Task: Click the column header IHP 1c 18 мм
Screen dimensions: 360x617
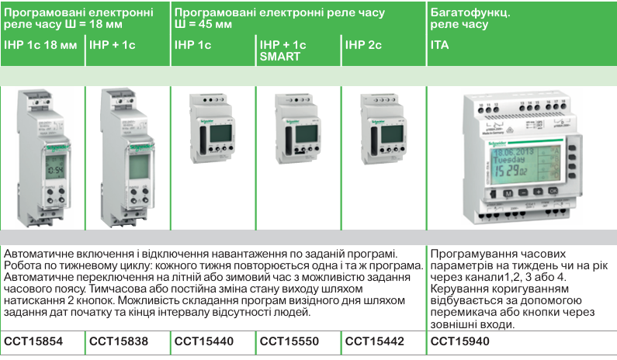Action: (x=40, y=46)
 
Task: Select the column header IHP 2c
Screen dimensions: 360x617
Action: (x=363, y=46)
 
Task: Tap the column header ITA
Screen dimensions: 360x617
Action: (x=439, y=46)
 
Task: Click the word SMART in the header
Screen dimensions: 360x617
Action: (x=280, y=57)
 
